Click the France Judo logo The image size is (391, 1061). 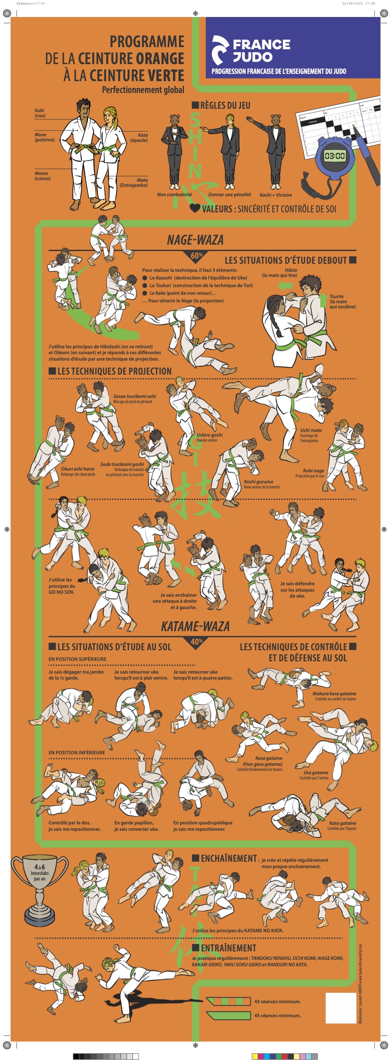pos(251,50)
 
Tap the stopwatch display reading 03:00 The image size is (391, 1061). pos(335,156)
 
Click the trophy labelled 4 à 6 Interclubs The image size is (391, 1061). pos(40,890)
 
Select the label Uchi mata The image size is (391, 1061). pos(311,430)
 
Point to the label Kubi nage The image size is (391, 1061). pos(313,471)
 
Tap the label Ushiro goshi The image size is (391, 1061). pos(210,435)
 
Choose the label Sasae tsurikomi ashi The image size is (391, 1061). pos(134,396)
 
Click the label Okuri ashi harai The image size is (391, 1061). pos(77,469)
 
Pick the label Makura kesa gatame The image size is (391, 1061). pos(334,694)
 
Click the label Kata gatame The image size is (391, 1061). pos(343,823)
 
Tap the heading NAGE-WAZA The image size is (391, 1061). pos(195,240)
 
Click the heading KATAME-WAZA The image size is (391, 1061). pos(195,626)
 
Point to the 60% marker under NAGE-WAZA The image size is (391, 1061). pos(196,256)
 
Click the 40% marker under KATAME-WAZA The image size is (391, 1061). pos(196,642)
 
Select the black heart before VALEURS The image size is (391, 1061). pos(195,208)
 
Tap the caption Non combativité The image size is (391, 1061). pos(174,195)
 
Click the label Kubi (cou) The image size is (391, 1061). pos(40,113)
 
